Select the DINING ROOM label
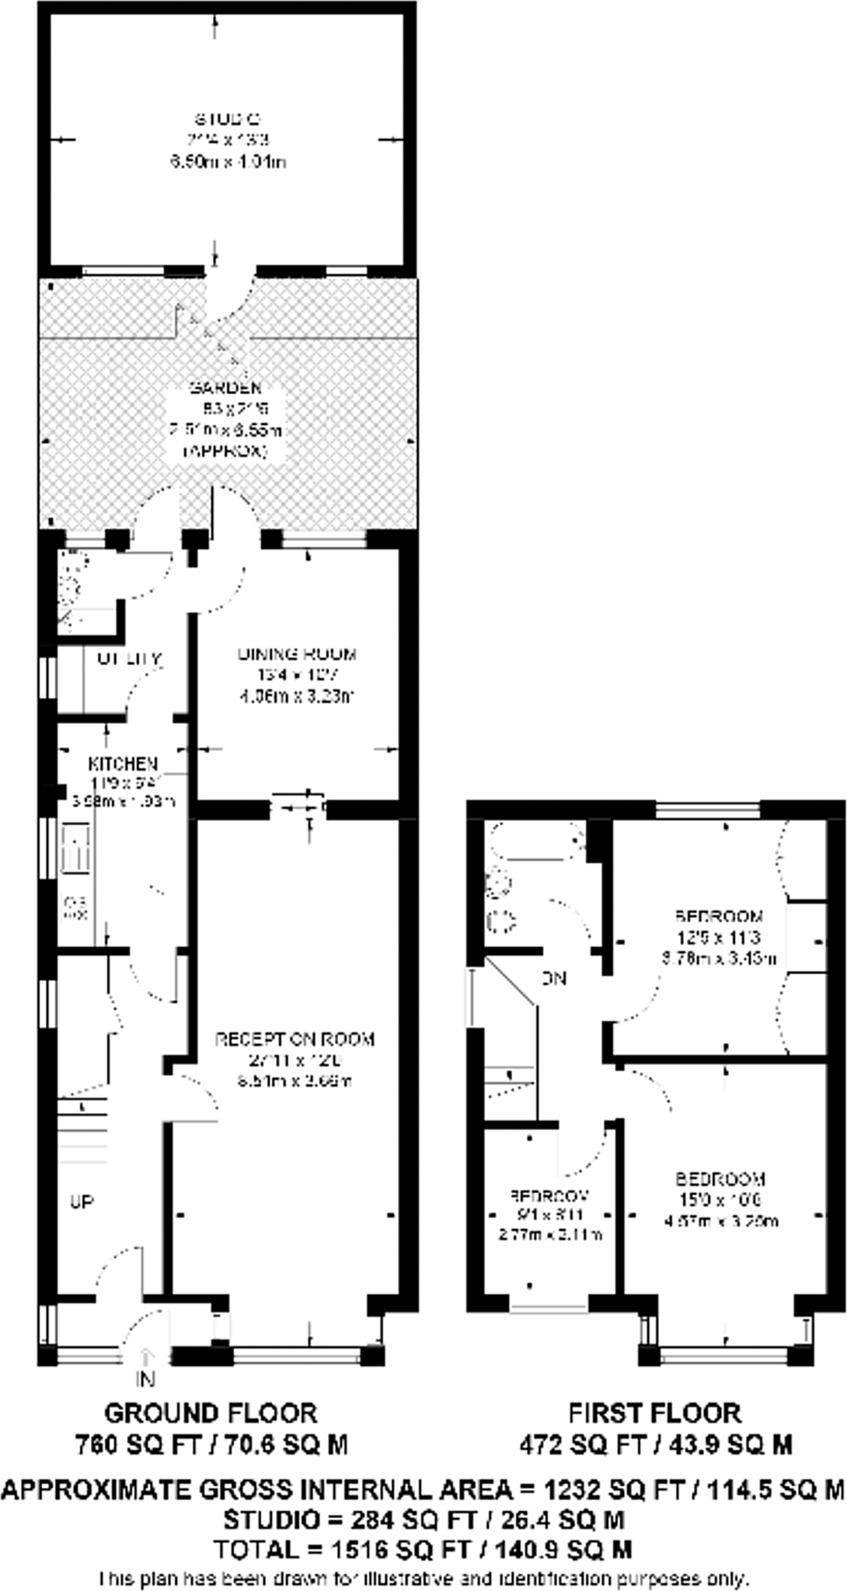[x=297, y=654]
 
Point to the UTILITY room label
[x=129, y=659]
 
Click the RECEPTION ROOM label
[x=295, y=1039]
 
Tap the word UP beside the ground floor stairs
[x=82, y=1203]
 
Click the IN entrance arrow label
[x=146, y=1379]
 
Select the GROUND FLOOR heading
[x=211, y=1412]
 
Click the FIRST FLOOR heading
[x=654, y=1412]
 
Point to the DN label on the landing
[x=553, y=979]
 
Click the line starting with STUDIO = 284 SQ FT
[x=423, y=1519]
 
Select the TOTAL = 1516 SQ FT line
[x=423, y=1550]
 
